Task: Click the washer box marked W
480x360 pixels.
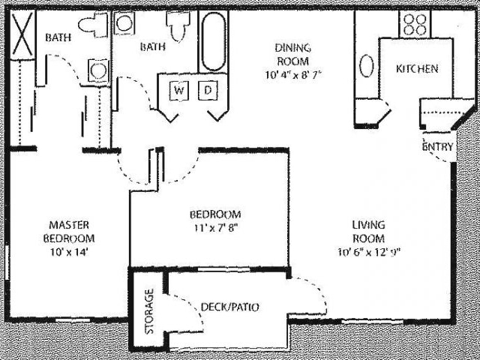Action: (x=178, y=91)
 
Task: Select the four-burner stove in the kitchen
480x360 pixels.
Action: (x=414, y=23)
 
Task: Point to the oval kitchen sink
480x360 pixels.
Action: (x=367, y=66)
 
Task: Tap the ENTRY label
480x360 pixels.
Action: (x=437, y=147)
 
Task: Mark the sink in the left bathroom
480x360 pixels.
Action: (x=97, y=71)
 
